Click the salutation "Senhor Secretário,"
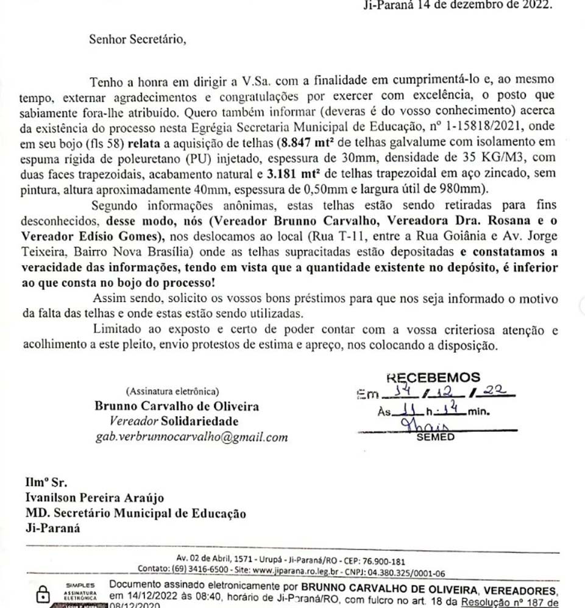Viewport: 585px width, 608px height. click(135, 40)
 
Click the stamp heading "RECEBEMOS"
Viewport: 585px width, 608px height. click(433, 378)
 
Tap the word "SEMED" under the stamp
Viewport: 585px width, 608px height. click(434, 437)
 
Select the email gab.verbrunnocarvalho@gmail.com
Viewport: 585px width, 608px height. click(191, 437)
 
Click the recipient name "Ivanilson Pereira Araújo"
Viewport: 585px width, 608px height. click(94, 498)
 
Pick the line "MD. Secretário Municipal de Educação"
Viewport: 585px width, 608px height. click(136, 514)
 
